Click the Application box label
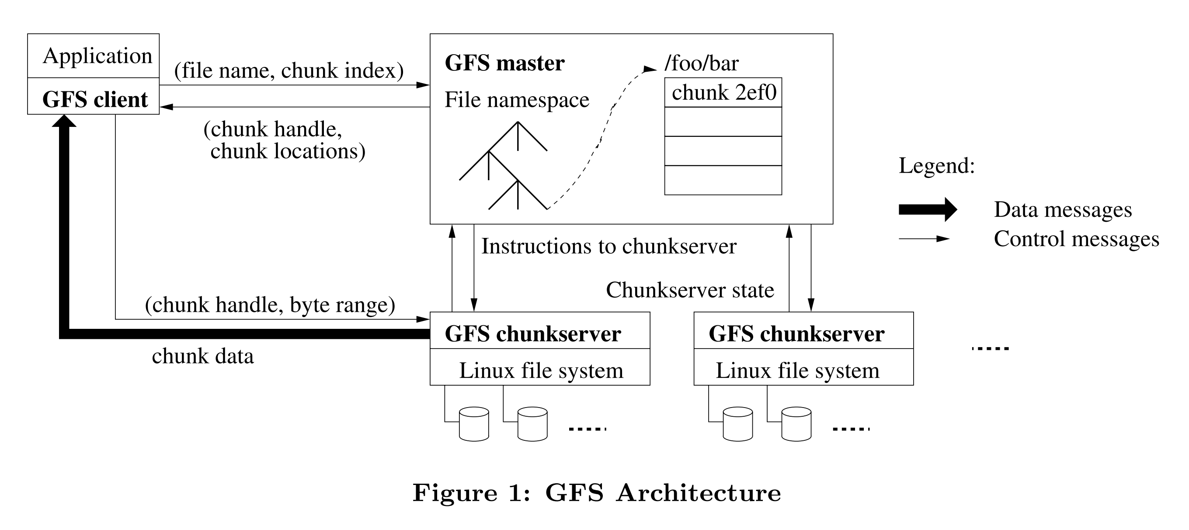click(97, 56)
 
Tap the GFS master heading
click(504, 63)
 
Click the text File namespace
click(517, 100)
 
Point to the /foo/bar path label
click(701, 63)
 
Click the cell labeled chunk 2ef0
click(723, 92)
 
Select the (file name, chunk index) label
click(289, 71)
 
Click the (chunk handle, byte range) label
click(270, 305)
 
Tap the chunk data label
click(203, 356)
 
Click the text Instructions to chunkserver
click(608, 246)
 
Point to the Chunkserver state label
click(690, 290)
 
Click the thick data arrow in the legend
click(927, 209)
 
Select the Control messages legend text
click(1076, 239)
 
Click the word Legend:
click(936, 166)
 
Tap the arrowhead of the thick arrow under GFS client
click(64, 121)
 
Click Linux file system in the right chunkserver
click(797, 370)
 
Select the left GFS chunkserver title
click(533, 334)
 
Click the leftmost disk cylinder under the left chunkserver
click(473, 424)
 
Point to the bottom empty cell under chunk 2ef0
click(723, 180)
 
